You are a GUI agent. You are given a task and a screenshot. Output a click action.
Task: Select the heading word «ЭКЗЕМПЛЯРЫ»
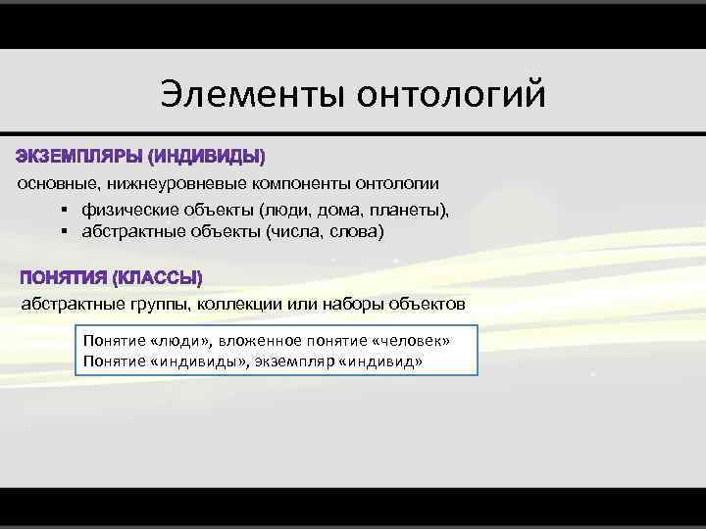point(77,156)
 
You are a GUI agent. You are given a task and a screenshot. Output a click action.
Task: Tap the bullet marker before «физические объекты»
point(63,210)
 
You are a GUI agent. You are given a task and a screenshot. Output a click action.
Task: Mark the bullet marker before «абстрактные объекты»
point(63,232)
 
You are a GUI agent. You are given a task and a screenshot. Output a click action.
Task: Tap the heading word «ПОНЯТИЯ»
point(64,278)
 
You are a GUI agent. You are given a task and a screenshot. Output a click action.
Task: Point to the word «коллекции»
point(240,304)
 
